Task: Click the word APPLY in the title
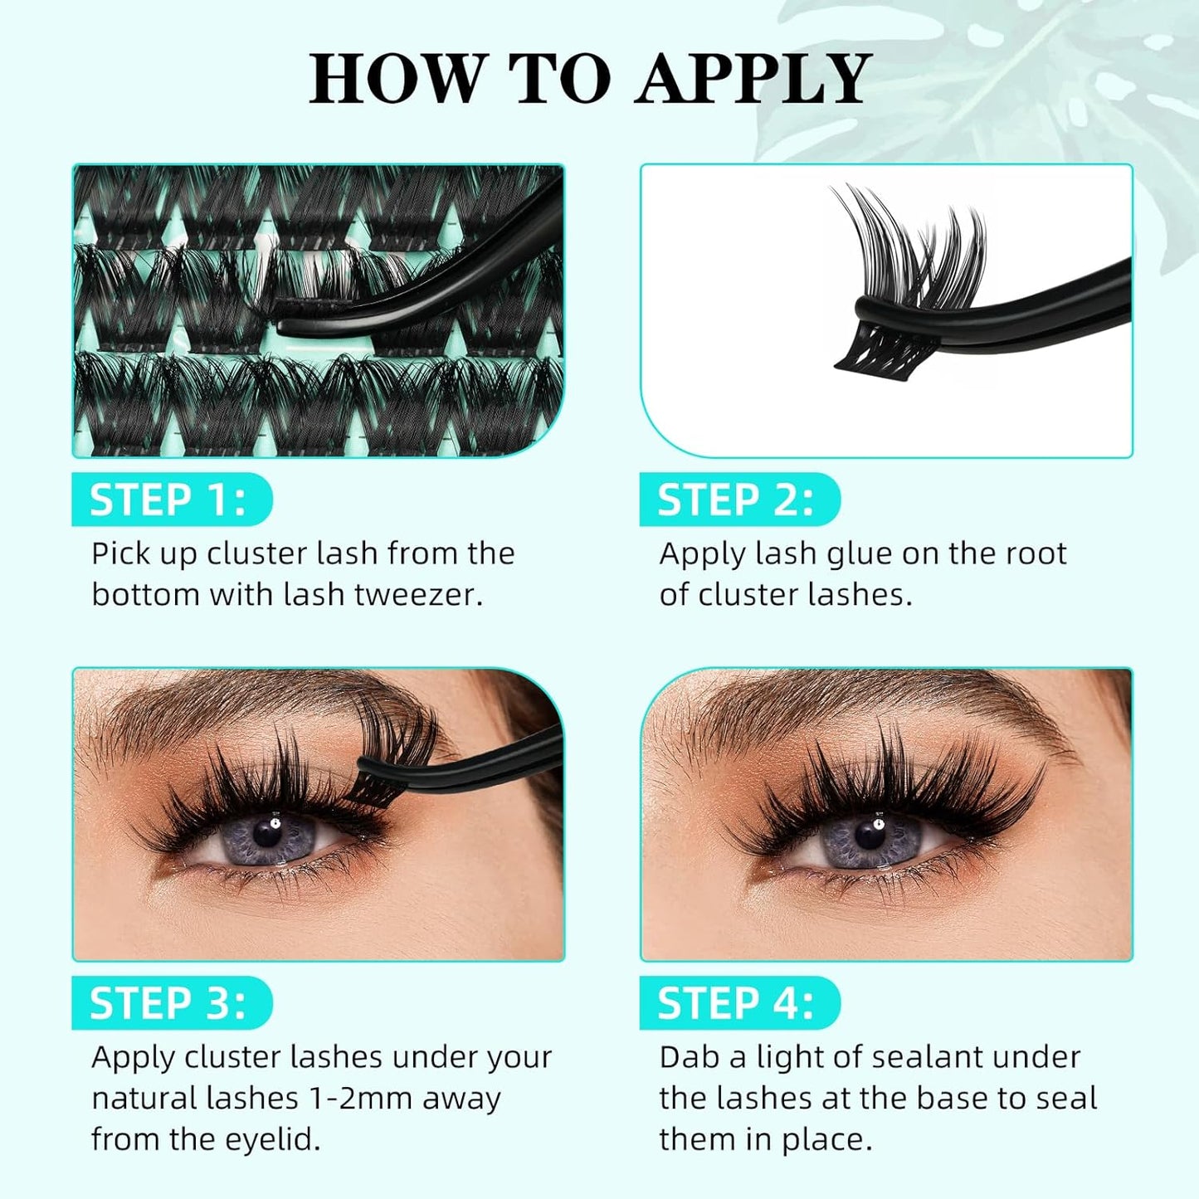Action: (x=753, y=79)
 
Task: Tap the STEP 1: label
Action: (x=168, y=500)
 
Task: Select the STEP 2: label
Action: (x=736, y=500)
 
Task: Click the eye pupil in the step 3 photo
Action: (x=266, y=832)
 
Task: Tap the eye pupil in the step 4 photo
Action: (x=870, y=833)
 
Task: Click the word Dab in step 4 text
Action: (x=689, y=1057)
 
